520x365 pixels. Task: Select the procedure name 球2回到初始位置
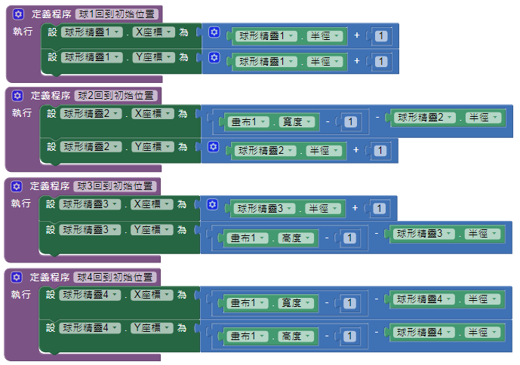click(x=117, y=96)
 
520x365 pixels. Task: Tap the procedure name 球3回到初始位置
click(x=116, y=186)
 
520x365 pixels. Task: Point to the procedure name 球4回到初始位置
click(x=116, y=278)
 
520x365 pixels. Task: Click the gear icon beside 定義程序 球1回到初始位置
click(x=18, y=14)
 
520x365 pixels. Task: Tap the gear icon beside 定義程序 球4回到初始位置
click(x=17, y=278)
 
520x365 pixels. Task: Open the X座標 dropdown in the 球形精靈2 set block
click(x=152, y=114)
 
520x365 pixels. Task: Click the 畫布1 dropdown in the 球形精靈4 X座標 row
click(x=248, y=303)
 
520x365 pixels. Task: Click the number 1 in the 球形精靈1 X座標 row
click(x=382, y=36)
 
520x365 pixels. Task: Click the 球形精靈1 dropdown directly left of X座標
click(x=91, y=32)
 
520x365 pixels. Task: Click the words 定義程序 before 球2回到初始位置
click(x=50, y=96)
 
